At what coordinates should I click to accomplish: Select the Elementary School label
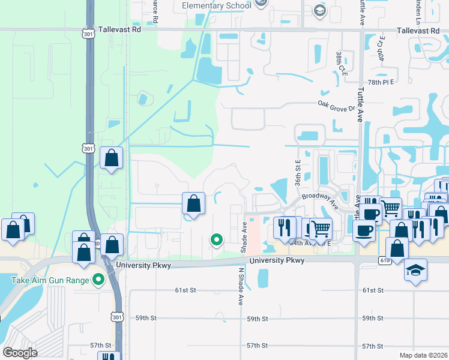216,6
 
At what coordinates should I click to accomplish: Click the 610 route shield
385,260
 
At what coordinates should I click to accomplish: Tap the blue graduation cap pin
415,270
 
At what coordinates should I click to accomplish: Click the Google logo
20,353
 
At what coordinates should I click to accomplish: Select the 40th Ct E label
381,48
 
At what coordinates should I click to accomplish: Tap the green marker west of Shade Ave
216,241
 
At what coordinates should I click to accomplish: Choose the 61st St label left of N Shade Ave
185,290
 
